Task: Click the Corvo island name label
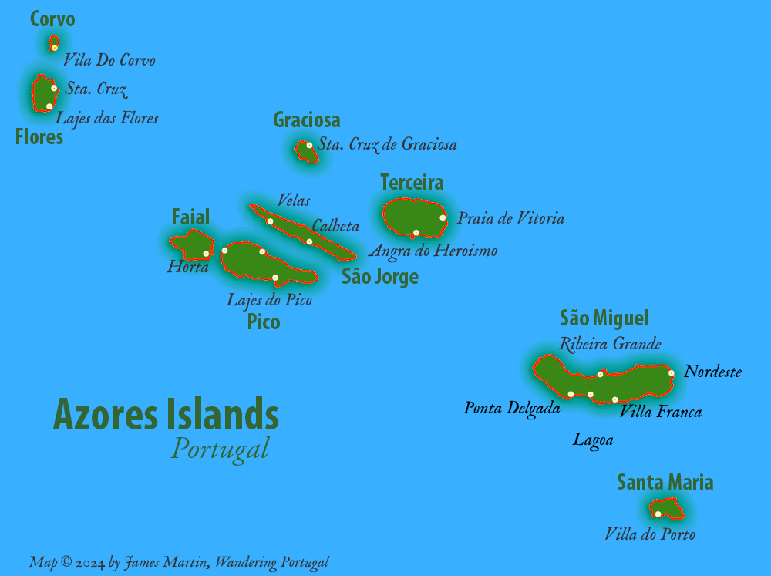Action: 52,19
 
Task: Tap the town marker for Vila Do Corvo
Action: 55,48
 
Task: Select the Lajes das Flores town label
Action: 106,118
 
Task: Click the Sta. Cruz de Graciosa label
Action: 387,144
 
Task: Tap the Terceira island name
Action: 412,183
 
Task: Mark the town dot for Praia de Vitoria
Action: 443,217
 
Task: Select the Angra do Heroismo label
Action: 433,251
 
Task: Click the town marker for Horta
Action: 206,254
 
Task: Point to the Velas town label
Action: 294,200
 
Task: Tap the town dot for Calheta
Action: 309,242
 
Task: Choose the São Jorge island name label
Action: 380,277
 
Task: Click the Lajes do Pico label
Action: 269,300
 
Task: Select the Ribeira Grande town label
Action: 610,344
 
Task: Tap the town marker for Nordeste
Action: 672,373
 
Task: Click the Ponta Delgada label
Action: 512,408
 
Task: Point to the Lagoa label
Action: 593,440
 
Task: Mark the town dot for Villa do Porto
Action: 658,514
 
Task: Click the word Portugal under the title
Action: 220,448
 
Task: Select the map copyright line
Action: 179,562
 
